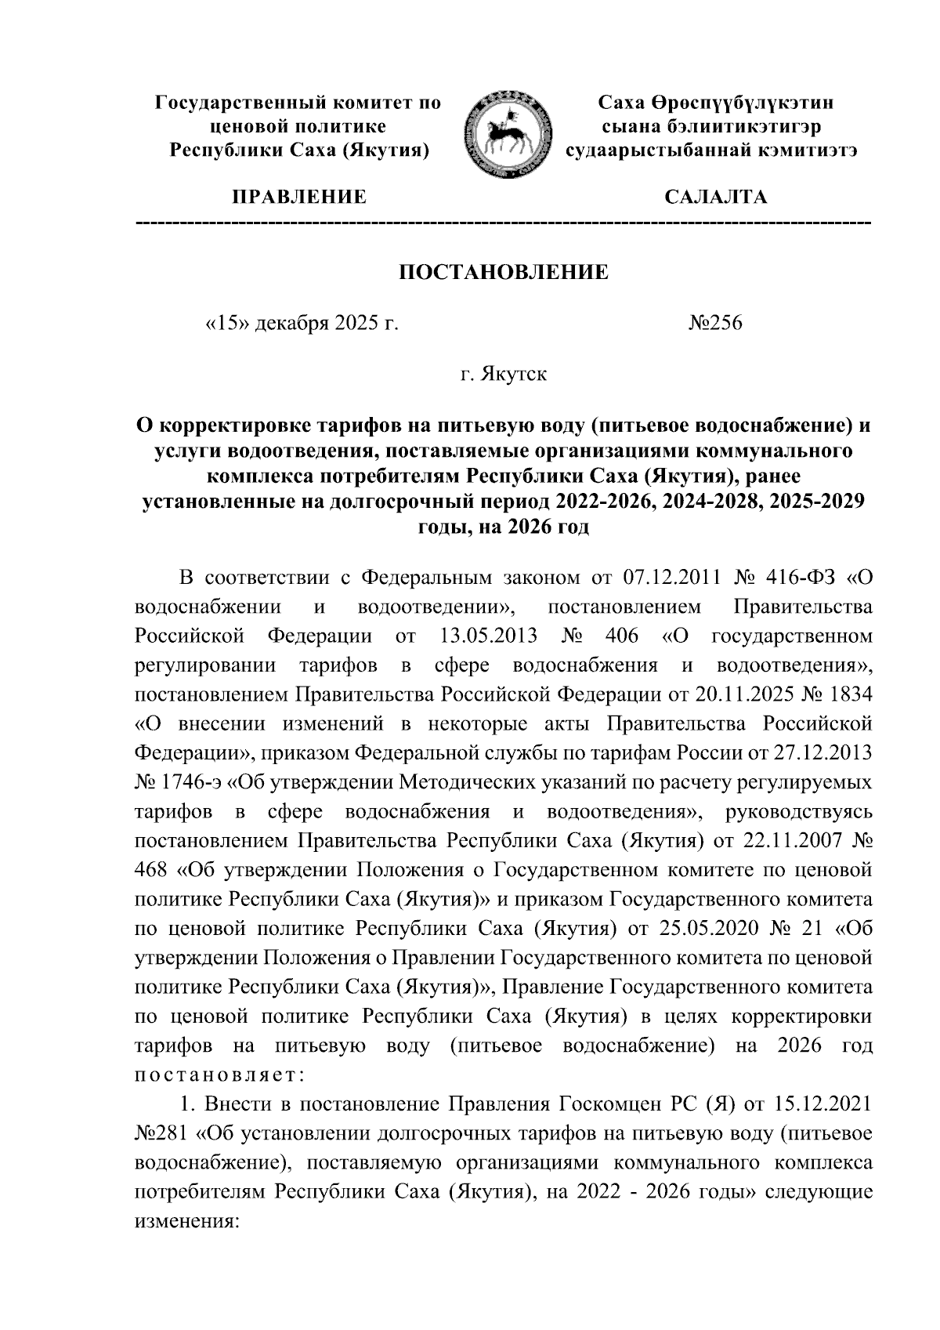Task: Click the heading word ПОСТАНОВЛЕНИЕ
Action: [504, 273]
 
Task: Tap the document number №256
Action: [714, 323]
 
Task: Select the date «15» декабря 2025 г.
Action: [301, 323]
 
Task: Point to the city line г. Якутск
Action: [503, 374]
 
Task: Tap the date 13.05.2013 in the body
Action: [483, 636]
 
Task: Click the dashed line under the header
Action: [504, 225]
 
